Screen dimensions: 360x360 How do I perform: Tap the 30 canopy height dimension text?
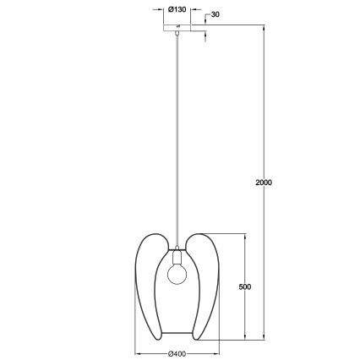click(x=215, y=15)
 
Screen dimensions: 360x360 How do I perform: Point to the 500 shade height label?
click(x=245, y=286)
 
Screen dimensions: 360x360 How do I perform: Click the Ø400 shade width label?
click(x=177, y=352)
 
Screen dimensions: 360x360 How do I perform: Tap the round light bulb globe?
click(x=177, y=272)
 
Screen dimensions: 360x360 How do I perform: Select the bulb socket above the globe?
click(x=177, y=255)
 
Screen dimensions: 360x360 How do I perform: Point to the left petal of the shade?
click(x=146, y=279)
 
